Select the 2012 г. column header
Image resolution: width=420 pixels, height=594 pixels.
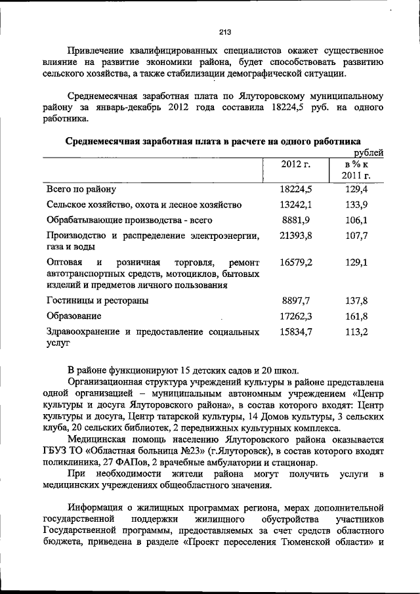pos(295,164)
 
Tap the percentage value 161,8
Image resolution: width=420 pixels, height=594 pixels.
pos(356,316)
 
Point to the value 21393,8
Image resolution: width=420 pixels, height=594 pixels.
pos(296,236)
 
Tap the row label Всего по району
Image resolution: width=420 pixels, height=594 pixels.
pos(81,189)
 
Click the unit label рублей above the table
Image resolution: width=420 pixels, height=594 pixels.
pos(368,152)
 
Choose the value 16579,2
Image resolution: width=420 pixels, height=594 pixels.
pos(296,262)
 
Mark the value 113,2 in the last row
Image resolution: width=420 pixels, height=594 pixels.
pos(356,332)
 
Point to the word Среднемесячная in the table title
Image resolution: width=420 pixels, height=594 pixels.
pos(104,140)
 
